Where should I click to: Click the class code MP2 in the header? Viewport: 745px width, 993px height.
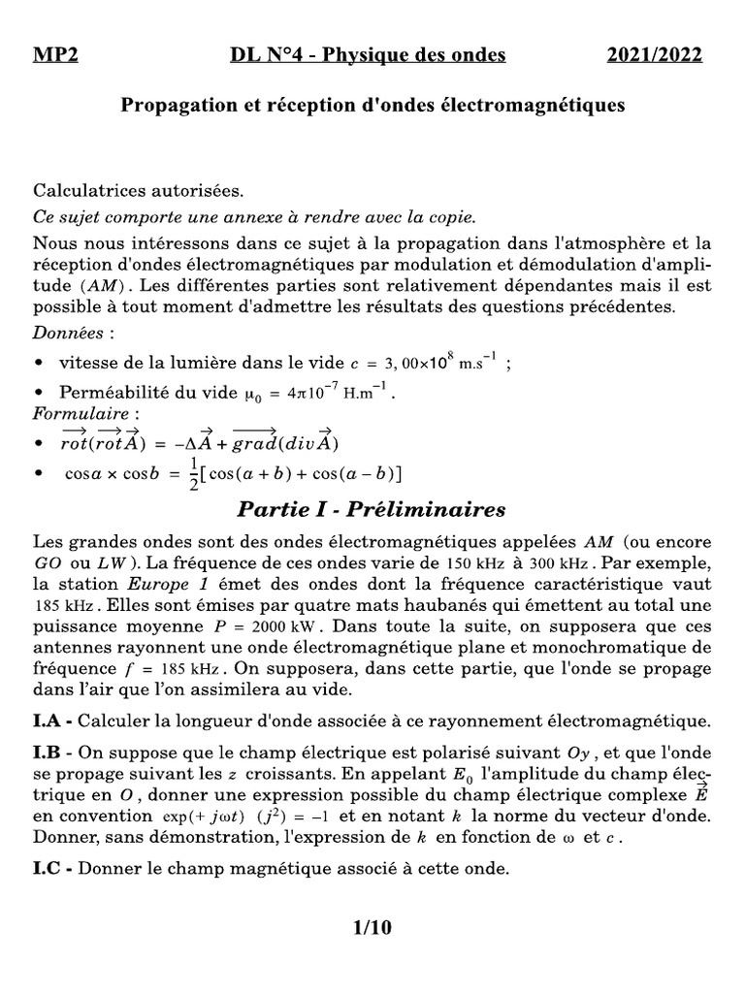(55, 55)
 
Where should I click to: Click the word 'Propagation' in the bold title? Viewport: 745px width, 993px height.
(174, 104)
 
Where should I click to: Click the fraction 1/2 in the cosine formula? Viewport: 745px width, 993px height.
(193, 474)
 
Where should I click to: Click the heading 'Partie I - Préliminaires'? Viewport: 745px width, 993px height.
(372, 509)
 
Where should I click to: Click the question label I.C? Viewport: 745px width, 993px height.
(51, 869)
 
